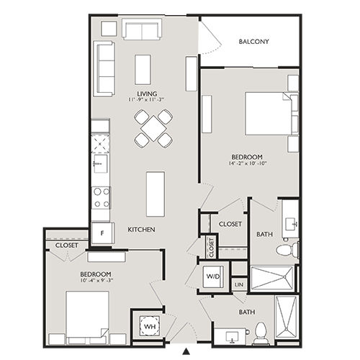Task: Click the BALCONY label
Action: point(254,42)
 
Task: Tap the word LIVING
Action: point(148,93)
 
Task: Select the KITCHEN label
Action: point(142,229)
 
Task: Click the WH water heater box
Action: point(150,327)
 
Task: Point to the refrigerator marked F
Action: point(102,233)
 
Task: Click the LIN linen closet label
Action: point(239,286)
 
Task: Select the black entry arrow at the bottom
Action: point(186,351)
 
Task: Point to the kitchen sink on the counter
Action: point(101,164)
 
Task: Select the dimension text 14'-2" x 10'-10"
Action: point(246,165)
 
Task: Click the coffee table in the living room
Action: point(143,68)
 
